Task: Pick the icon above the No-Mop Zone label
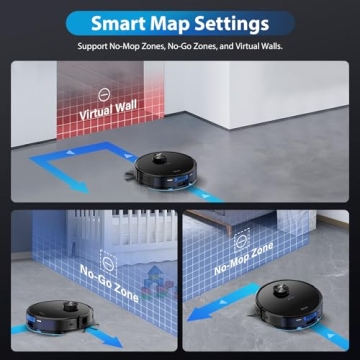(242, 239)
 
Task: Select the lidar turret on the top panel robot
(160, 157)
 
